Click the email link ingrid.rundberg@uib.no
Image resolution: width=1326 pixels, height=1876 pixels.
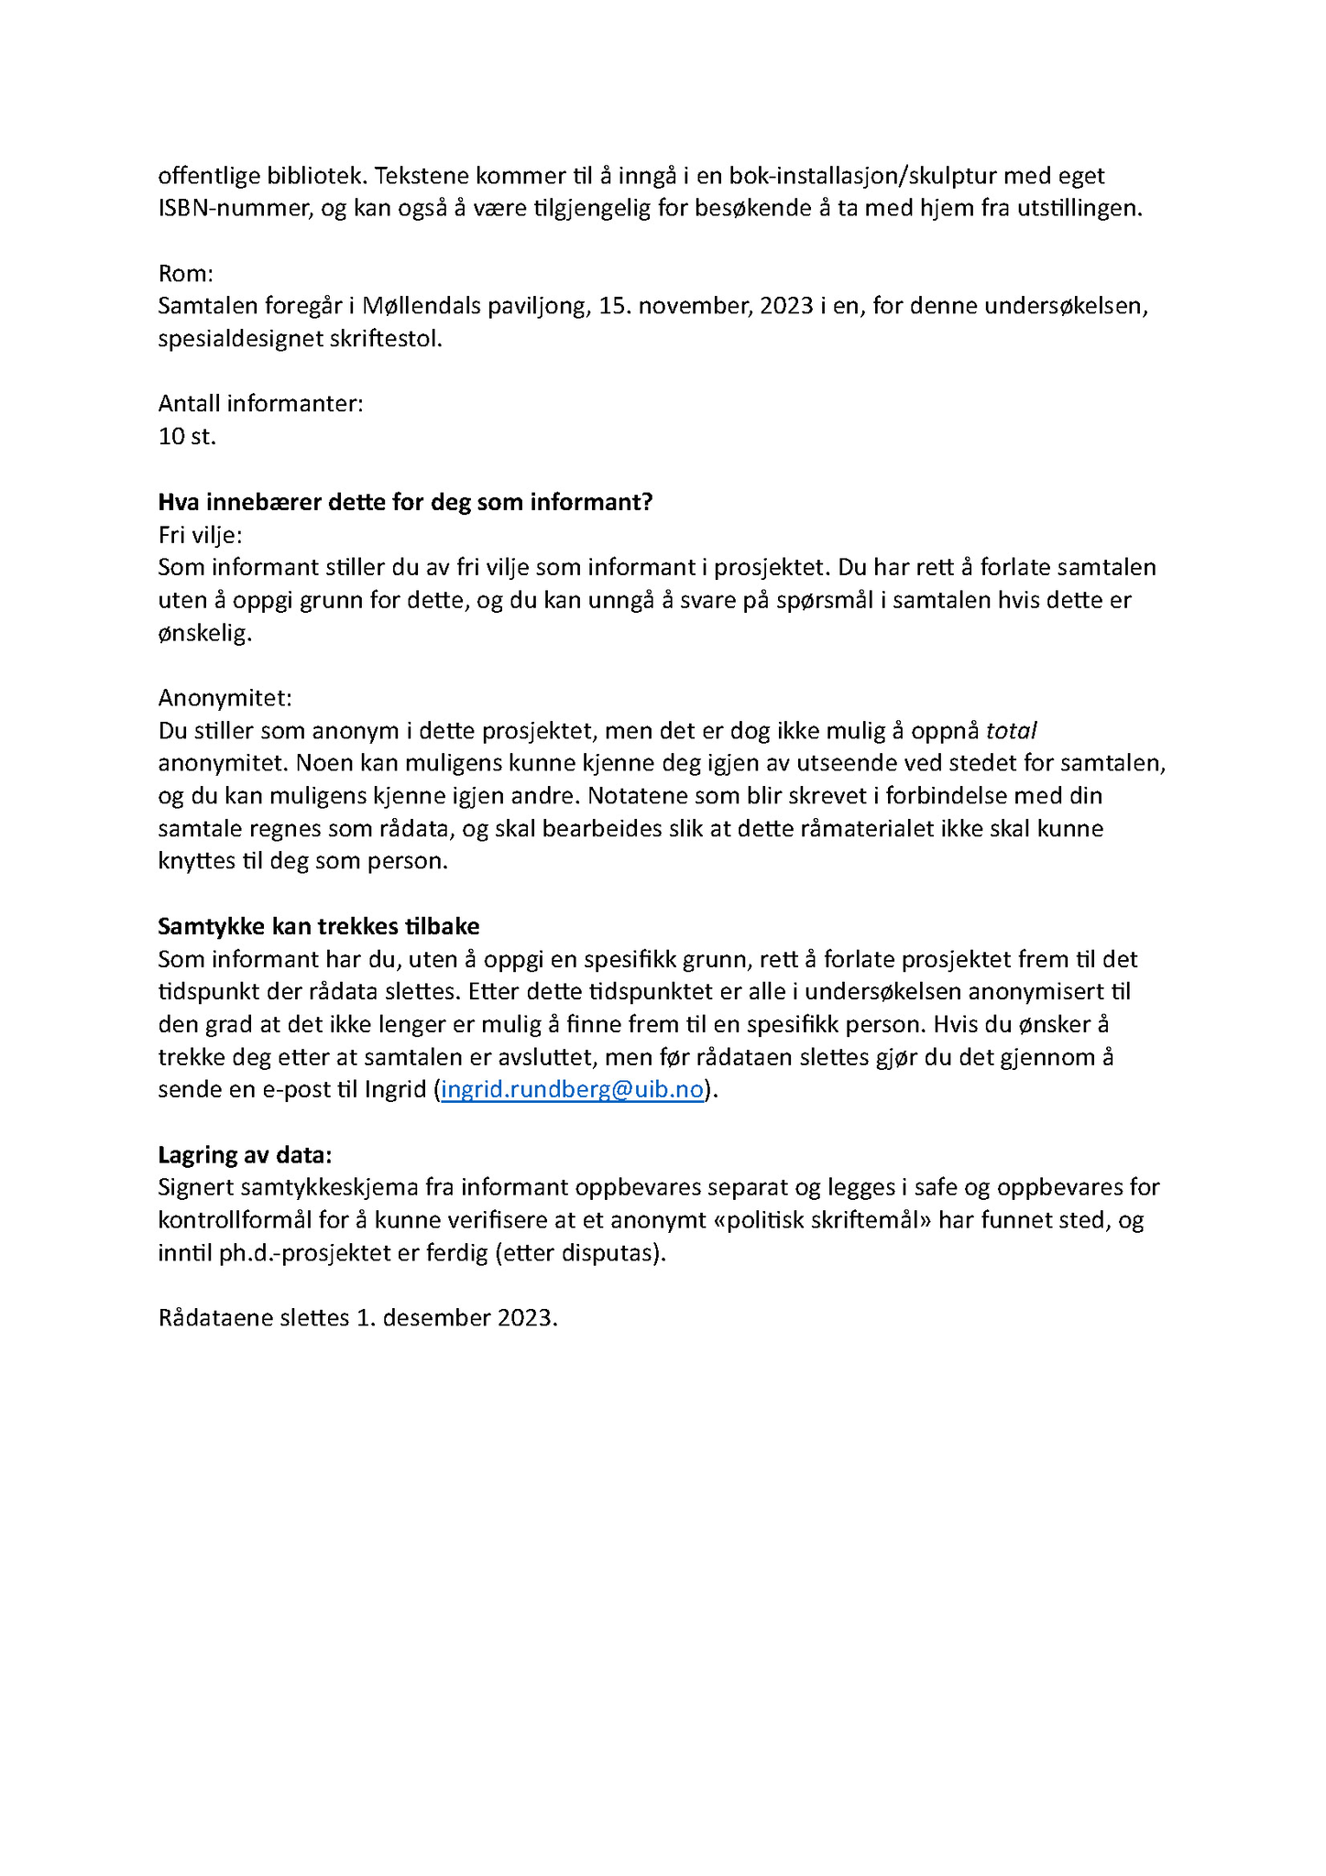click(572, 1089)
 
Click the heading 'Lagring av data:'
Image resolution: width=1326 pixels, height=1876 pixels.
click(245, 1154)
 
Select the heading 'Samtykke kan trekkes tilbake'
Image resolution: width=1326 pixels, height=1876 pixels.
click(318, 926)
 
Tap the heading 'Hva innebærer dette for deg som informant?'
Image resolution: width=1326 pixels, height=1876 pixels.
click(404, 502)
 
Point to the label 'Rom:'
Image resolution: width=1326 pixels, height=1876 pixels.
click(185, 273)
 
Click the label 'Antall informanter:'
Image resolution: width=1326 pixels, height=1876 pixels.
click(260, 403)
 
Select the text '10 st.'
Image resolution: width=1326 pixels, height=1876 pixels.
click(187, 436)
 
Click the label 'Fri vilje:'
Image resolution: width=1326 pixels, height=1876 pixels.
click(200, 535)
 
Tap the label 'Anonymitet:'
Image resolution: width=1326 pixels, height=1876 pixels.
click(225, 698)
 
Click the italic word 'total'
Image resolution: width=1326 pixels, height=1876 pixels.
click(1011, 731)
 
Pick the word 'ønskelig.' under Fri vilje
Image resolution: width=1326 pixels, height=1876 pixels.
click(204, 633)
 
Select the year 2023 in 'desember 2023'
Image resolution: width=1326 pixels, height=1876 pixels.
click(527, 1318)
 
